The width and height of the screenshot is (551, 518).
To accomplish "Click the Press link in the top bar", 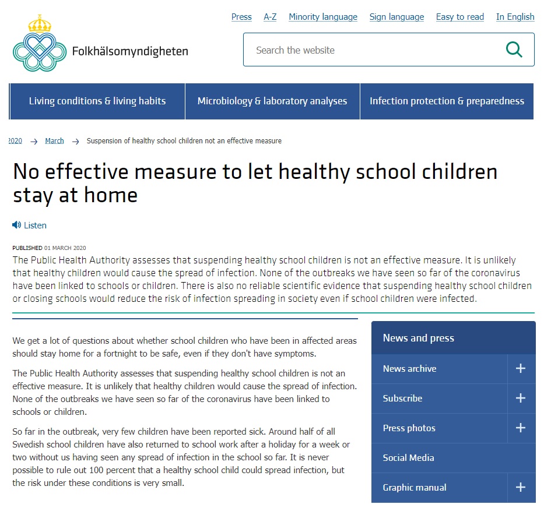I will [241, 17].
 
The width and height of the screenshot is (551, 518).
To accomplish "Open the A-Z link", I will [270, 17].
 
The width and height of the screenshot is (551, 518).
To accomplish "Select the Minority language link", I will [323, 17].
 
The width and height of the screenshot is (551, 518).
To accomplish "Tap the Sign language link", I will [396, 17].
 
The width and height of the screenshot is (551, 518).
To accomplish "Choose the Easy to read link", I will [460, 17].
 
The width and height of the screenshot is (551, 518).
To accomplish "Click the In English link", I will [515, 17].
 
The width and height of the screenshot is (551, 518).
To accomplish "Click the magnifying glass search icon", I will [514, 50].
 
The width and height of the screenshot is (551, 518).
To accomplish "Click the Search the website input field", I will [373, 50].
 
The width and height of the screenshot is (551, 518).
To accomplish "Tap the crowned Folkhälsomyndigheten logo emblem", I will [40, 44].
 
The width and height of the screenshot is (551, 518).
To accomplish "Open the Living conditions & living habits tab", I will [97, 101].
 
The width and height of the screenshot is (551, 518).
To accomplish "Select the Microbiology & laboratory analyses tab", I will [272, 101].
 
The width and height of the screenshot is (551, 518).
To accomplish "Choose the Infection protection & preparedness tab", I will [447, 101].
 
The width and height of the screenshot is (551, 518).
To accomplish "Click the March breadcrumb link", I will [54, 141].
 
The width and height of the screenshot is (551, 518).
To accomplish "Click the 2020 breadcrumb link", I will [15, 141].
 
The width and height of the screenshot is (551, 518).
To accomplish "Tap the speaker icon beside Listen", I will [16, 225].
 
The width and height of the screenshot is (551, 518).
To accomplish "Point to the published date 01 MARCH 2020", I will [65, 248].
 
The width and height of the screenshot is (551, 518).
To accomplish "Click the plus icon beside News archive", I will [521, 368].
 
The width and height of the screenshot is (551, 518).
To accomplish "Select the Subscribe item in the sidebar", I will [402, 399].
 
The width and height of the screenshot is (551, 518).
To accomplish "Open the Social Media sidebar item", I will [408, 458].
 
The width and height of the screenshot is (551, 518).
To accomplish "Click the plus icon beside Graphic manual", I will [521, 487].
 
